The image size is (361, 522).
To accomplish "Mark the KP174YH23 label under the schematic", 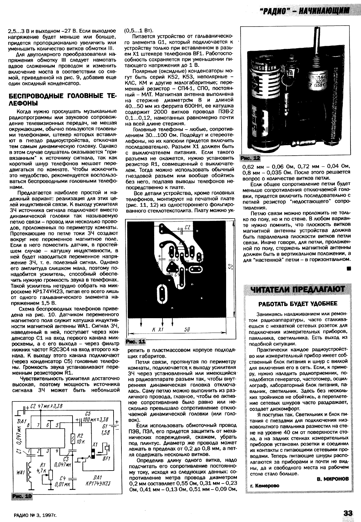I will point(97,483).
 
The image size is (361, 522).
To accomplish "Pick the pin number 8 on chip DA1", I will point(29,425).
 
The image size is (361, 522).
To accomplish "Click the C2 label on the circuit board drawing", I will point(187,227).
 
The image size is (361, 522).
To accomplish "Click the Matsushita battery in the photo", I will point(264,102).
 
